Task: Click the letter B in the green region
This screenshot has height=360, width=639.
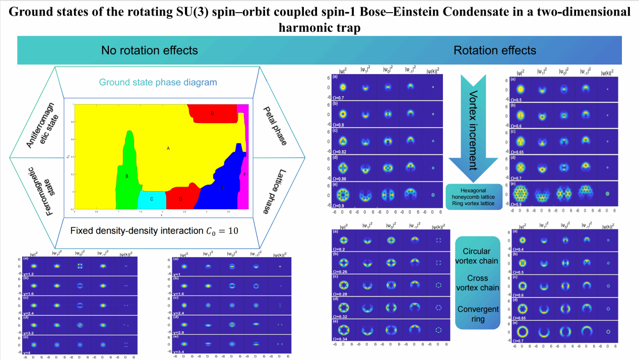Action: [x=127, y=176]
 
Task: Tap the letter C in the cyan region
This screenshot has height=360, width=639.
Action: [x=151, y=199]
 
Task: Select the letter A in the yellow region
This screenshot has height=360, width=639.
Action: [x=168, y=148]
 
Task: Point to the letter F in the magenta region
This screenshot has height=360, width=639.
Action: [x=244, y=174]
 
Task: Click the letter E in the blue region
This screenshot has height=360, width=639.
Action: [x=223, y=187]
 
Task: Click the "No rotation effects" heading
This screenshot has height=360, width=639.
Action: [x=149, y=50]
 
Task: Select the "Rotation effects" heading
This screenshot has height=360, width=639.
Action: [x=495, y=50]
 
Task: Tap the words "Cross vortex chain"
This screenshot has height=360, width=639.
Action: [x=477, y=283]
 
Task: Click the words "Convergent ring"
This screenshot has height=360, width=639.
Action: [x=477, y=314]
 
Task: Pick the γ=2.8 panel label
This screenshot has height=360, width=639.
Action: [x=181, y=332]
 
